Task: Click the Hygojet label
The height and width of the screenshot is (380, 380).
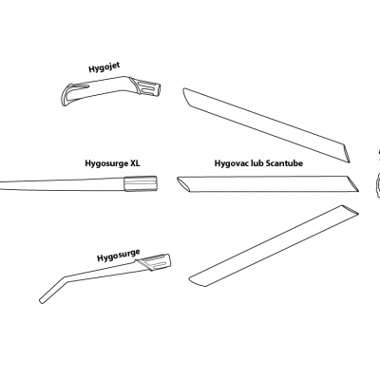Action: (104, 67)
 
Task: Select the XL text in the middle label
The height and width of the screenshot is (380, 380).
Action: (135, 163)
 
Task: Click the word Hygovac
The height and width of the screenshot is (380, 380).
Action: (229, 163)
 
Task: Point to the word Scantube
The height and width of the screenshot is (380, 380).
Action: (284, 163)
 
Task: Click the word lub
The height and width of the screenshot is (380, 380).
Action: (255, 163)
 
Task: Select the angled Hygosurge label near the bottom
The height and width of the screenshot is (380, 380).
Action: (119, 256)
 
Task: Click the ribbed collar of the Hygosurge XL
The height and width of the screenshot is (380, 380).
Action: (141, 183)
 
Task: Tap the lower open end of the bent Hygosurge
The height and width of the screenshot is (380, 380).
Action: (43, 300)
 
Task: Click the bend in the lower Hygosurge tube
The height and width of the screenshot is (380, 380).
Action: (65, 278)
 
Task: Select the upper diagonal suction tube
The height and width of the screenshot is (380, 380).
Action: (267, 125)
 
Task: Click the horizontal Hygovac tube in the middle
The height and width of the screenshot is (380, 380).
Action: (268, 184)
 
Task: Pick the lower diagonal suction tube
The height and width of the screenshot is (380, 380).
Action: (274, 246)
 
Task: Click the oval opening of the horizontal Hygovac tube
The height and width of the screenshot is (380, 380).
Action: (183, 184)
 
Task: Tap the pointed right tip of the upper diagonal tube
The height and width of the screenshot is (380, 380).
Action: (349, 162)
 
